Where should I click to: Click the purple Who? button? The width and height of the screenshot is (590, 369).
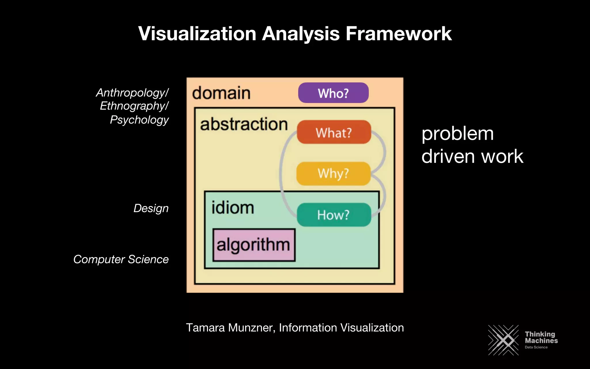(333, 93)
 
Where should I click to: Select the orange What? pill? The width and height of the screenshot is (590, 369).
(334, 132)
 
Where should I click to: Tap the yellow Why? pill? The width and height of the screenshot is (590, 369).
(333, 174)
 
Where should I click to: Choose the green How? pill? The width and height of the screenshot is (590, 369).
(334, 215)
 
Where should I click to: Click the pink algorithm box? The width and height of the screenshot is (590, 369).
(254, 245)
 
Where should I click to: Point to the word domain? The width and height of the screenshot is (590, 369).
(221, 93)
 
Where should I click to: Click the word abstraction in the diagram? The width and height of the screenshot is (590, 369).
(244, 124)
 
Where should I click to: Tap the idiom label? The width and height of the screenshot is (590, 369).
(233, 208)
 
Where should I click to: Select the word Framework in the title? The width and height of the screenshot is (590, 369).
(398, 34)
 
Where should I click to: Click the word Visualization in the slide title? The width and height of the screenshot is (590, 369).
(197, 34)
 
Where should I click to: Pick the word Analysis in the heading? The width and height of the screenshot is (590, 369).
(301, 34)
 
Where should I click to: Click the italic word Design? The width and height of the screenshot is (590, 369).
(151, 208)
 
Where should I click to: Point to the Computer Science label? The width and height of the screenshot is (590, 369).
(121, 259)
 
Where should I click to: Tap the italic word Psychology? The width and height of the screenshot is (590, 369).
(139, 120)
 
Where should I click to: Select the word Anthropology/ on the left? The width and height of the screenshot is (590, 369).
(132, 93)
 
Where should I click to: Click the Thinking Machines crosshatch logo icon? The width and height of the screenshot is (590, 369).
(503, 340)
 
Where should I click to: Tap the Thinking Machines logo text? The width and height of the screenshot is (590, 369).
(541, 338)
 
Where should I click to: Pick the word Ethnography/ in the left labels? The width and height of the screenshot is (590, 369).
(134, 106)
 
